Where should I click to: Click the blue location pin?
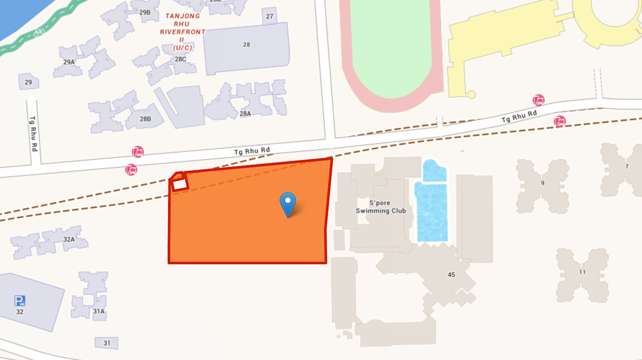coord(288,203)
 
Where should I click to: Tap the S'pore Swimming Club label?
coord(381,207)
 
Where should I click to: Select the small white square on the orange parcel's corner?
coord(179,183)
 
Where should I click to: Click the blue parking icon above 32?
coord(19,301)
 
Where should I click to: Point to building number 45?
coord(451,275)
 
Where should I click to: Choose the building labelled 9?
coord(543,183)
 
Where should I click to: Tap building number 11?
coord(582,272)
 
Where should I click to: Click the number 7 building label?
coord(627,167)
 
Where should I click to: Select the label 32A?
coord(69,239)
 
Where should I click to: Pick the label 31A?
coord(99,312)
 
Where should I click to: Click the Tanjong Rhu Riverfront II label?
coord(183,32)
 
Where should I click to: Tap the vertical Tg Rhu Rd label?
coord(33,134)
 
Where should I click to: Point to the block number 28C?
coord(181,59)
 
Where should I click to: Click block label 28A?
coord(245,114)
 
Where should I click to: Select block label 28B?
coord(145,119)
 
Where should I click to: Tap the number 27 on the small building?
coord(270,17)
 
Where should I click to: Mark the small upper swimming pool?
coord(435,171)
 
